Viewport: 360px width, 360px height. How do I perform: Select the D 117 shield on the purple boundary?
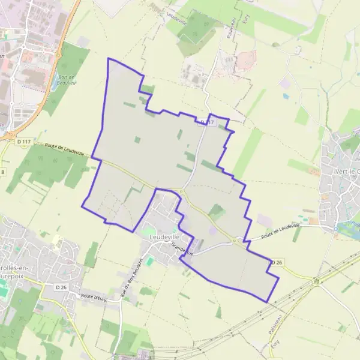click(207, 122)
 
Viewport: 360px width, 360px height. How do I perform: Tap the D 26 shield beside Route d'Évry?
click(61, 287)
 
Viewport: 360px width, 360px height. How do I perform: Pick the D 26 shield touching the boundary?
click(275, 263)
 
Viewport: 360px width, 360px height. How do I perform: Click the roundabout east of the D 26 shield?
click(317, 281)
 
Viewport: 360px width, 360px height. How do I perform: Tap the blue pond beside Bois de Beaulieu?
click(55, 85)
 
